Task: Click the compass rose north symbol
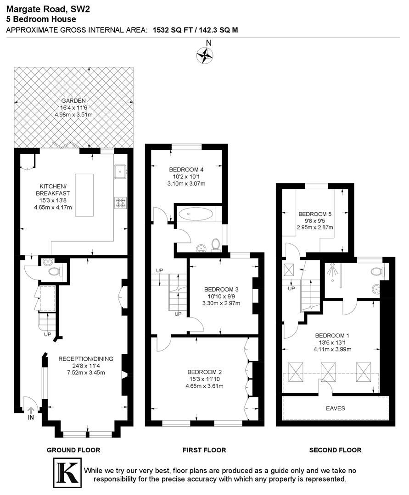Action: click(205, 55)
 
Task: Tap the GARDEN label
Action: click(74, 101)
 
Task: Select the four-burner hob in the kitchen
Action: click(120, 202)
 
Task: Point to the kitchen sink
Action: click(120, 171)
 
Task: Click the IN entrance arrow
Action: click(31, 411)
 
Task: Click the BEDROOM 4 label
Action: click(186, 168)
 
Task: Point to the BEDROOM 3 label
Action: click(221, 289)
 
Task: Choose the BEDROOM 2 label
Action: click(204, 372)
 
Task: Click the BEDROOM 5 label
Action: click(314, 214)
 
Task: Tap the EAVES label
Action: click(336, 408)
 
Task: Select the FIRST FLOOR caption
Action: click(204, 450)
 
